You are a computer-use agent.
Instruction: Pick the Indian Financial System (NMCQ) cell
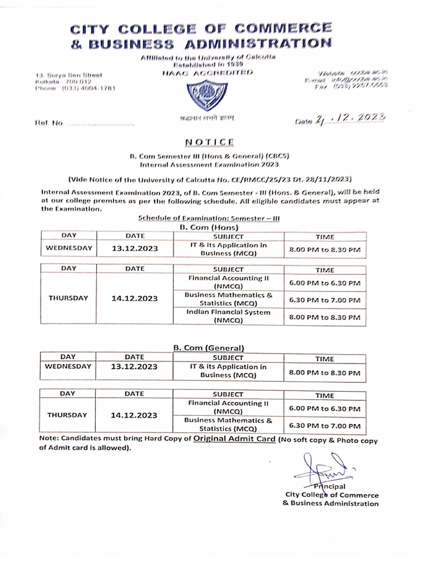coord(228,316)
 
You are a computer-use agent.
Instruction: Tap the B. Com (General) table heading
coord(209,348)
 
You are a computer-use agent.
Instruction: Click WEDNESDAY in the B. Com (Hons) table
coord(68,248)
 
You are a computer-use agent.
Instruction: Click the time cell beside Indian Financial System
coord(325,317)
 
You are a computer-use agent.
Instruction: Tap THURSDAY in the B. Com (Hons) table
coord(68,298)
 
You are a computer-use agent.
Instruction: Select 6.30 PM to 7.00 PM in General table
coord(324,426)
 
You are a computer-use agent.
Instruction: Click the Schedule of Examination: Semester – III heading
coord(209,219)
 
